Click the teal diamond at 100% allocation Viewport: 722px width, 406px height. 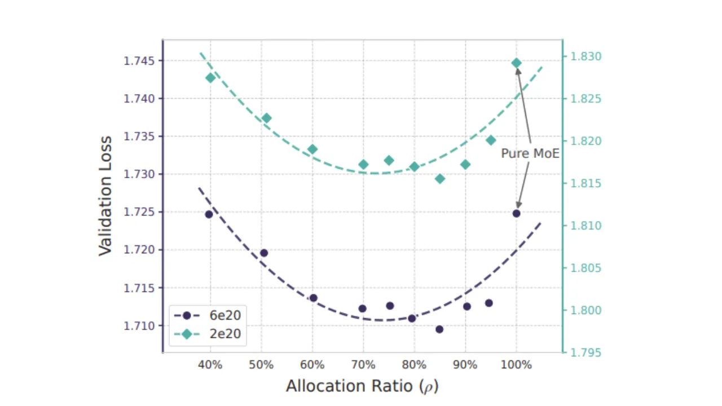tap(516, 63)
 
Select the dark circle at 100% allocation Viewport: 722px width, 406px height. tap(516, 213)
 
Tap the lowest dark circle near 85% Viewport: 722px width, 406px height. tap(439, 329)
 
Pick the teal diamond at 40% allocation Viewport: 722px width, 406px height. tap(210, 78)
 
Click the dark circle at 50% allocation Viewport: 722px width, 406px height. tap(264, 253)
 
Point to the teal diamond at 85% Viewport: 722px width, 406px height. tap(440, 179)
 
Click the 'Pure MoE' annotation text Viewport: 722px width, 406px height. tap(530, 153)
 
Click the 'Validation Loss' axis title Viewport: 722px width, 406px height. tap(105, 196)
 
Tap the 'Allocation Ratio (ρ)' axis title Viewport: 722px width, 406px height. tap(362, 386)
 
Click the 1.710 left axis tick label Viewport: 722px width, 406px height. tap(139, 326)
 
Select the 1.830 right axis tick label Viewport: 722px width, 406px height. tap(586, 56)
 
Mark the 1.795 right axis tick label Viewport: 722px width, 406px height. tap(586, 352)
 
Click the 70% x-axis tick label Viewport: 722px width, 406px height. tap(363, 365)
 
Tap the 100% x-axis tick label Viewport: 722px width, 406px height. tap(516, 365)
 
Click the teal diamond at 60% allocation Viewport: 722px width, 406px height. tap(312, 149)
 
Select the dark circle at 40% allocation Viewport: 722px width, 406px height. tap(209, 214)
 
